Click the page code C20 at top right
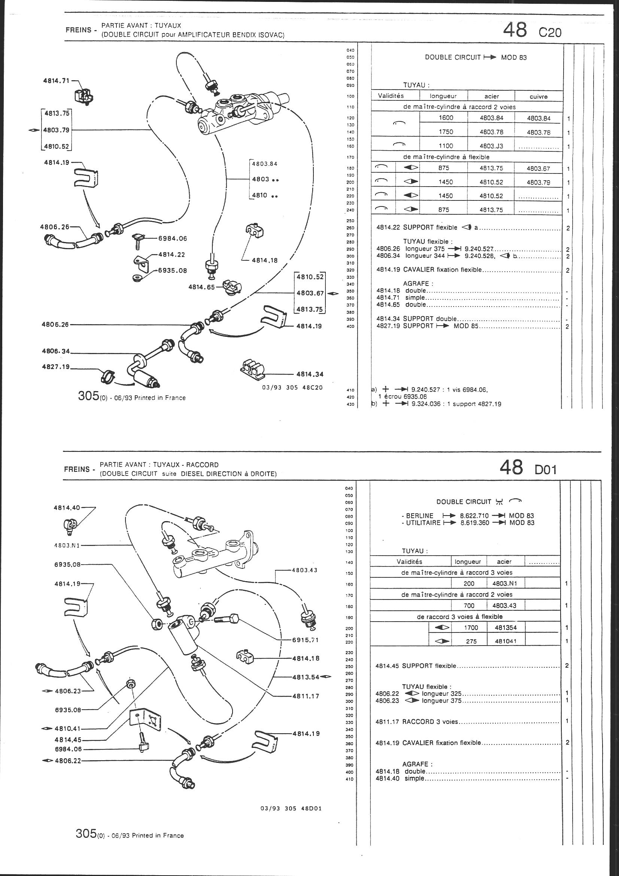(x=550, y=33)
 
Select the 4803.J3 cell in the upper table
(x=491, y=146)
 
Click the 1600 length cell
(x=446, y=118)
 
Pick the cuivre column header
(x=538, y=97)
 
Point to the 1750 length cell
(x=446, y=132)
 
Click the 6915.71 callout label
(x=305, y=640)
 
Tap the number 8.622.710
(x=475, y=516)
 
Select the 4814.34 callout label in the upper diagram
(x=310, y=374)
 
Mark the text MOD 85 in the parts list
(x=466, y=326)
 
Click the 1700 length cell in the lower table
(x=471, y=627)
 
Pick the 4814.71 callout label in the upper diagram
(x=56, y=81)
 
